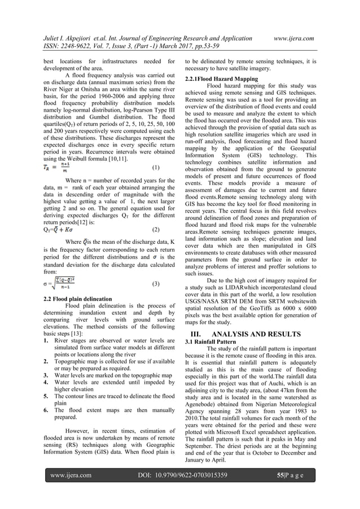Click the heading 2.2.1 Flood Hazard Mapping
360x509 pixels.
(x=222, y=78)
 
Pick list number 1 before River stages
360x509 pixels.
(x=46, y=341)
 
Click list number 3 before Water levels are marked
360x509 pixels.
(x=46, y=374)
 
